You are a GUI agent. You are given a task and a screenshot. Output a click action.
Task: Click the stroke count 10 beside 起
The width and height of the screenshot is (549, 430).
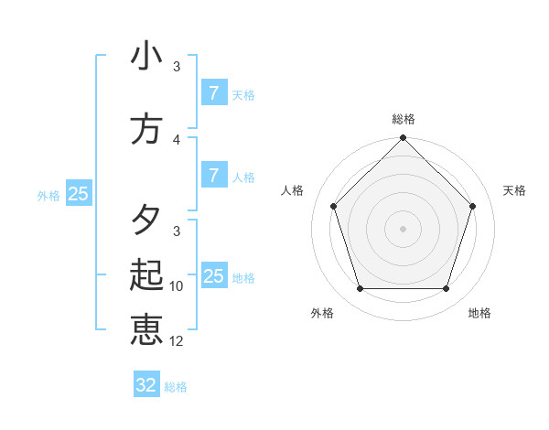click(177, 286)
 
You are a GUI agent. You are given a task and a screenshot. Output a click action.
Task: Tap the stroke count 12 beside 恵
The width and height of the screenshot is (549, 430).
click(177, 341)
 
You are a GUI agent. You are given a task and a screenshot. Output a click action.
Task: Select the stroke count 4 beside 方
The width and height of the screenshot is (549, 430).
click(177, 139)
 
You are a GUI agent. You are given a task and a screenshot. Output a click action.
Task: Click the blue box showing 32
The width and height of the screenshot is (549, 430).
click(146, 385)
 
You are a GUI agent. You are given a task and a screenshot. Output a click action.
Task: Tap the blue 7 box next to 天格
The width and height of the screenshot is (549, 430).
click(213, 93)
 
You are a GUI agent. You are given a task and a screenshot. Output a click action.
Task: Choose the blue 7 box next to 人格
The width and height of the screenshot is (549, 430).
click(213, 176)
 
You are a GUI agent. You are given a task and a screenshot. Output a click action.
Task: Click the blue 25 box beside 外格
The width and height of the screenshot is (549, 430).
click(78, 194)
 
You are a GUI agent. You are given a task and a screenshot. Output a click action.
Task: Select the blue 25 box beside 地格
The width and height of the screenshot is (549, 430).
click(213, 276)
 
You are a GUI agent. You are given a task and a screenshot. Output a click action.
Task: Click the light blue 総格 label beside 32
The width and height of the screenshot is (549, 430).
click(176, 387)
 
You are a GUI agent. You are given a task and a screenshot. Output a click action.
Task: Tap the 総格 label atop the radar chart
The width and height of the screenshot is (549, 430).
click(403, 119)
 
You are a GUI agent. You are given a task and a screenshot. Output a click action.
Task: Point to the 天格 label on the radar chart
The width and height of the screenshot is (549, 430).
click(514, 190)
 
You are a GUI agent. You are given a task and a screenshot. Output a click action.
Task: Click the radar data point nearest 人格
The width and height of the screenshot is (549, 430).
click(333, 206)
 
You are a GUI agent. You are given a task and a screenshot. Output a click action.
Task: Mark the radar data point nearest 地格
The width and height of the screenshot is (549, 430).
click(446, 289)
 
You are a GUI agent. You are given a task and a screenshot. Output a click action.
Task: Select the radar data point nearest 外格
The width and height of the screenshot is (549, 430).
click(360, 289)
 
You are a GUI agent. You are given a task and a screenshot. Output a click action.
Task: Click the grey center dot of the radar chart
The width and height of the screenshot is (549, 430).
click(403, 229)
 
